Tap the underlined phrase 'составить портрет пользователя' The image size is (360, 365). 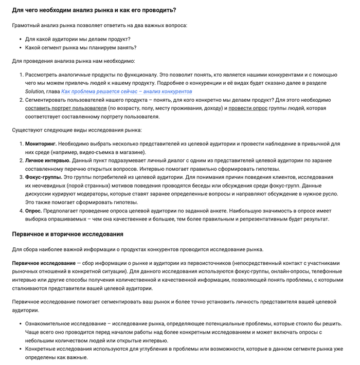point(65,108)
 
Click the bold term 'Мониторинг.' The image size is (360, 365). point(41,144)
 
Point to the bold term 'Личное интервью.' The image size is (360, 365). point(47,160)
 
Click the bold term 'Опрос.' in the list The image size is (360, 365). point(34,211)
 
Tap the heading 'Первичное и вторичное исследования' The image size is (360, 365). point(68,234)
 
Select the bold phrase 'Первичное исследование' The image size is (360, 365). point(44,263)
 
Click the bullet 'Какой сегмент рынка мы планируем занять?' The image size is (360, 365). point(81,48)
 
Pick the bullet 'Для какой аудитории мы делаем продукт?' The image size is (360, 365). point(78,39)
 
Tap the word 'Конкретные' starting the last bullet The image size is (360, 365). point(42,349)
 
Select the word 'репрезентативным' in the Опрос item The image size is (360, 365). point(272,219)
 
